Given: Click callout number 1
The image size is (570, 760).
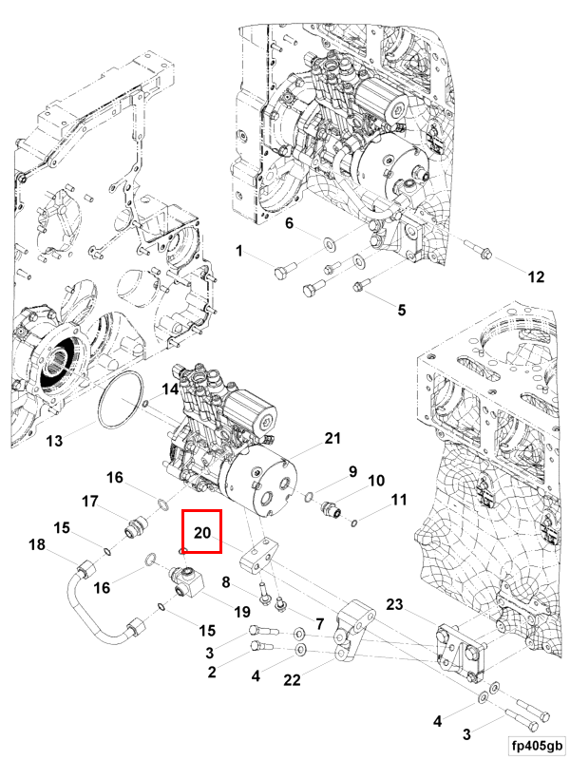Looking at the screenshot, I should tap(240, 251).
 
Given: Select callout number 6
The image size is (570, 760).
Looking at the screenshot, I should tap(291, 224).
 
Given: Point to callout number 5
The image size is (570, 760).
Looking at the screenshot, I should tap(401, 310).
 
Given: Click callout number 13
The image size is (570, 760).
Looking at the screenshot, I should tap(54, 441).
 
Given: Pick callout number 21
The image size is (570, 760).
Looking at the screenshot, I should tap(332, 438).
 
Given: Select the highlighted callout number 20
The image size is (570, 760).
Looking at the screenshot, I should tap(201, 534).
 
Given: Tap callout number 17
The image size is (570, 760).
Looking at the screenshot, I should tap(90, 502).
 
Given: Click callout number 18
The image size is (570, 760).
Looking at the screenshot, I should tap(37, 544).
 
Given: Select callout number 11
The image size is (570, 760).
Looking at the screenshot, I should tap(400, 499).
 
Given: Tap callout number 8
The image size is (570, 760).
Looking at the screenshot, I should tap(226, 582).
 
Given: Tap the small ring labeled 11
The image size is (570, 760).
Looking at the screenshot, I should tap(354, 521).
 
